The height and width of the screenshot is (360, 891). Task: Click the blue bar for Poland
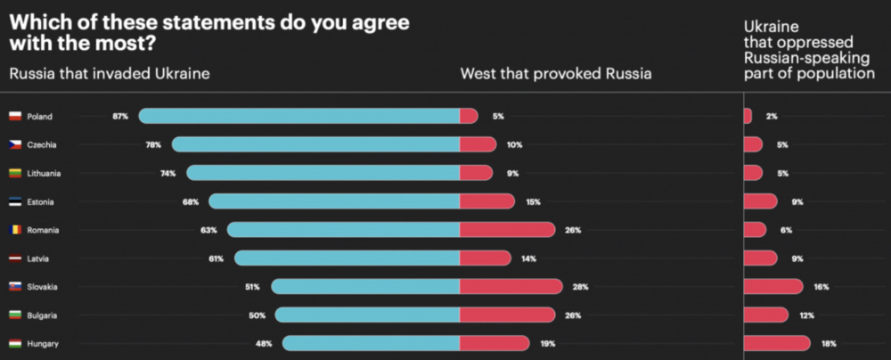298,116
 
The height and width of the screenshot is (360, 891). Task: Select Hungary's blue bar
371,343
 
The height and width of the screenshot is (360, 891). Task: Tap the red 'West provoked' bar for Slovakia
511,286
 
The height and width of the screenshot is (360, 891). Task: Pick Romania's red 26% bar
507,230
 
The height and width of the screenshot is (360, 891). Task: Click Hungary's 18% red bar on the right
776,343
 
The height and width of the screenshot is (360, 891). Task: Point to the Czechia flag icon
15,144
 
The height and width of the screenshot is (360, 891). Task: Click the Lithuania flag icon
15,173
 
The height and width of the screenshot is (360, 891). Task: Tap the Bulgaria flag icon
15,315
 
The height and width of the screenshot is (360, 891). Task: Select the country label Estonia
42,201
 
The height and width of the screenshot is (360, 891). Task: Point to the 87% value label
120,116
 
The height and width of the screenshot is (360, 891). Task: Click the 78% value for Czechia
153,144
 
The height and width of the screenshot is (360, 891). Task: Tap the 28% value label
581,287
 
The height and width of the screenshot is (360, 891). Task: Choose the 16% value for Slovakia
822,287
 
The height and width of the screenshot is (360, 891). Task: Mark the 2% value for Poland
771,116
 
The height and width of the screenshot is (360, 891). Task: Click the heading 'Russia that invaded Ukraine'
110,73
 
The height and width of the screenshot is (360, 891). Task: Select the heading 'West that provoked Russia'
555,73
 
